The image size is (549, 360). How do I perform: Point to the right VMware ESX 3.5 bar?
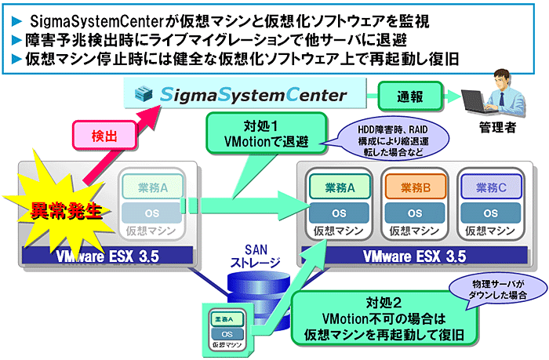point(415,256)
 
